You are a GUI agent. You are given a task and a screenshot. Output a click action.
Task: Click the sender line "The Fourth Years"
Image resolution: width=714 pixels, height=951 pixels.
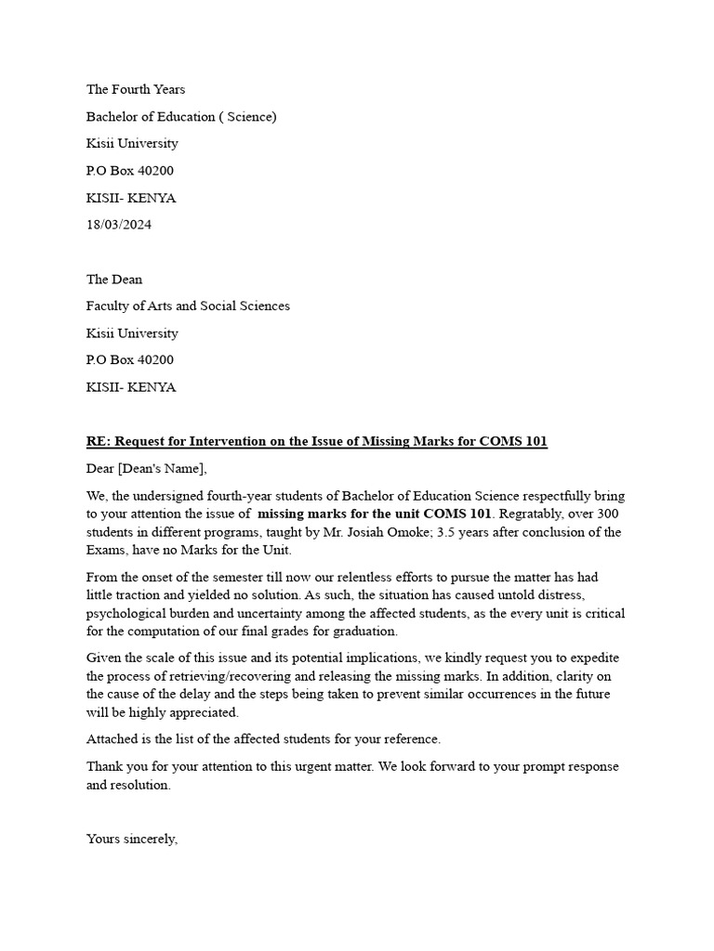(x=136, y=90)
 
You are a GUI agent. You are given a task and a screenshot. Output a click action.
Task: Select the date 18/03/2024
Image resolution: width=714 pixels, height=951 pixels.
(x=119, y=225)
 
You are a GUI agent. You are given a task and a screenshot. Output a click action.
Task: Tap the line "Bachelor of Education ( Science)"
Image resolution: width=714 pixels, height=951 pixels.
(x=181, y=117)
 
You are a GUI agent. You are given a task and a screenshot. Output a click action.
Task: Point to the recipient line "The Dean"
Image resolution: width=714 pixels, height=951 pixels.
(x=114, y=280)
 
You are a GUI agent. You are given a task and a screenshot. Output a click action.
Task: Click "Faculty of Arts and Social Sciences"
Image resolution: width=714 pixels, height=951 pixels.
(x=188, y=306)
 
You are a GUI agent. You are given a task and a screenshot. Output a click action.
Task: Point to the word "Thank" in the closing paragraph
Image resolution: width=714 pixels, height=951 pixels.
(x=106, y=767)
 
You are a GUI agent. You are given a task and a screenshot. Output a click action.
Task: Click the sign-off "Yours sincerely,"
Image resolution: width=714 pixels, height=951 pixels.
(x=132, y=839)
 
